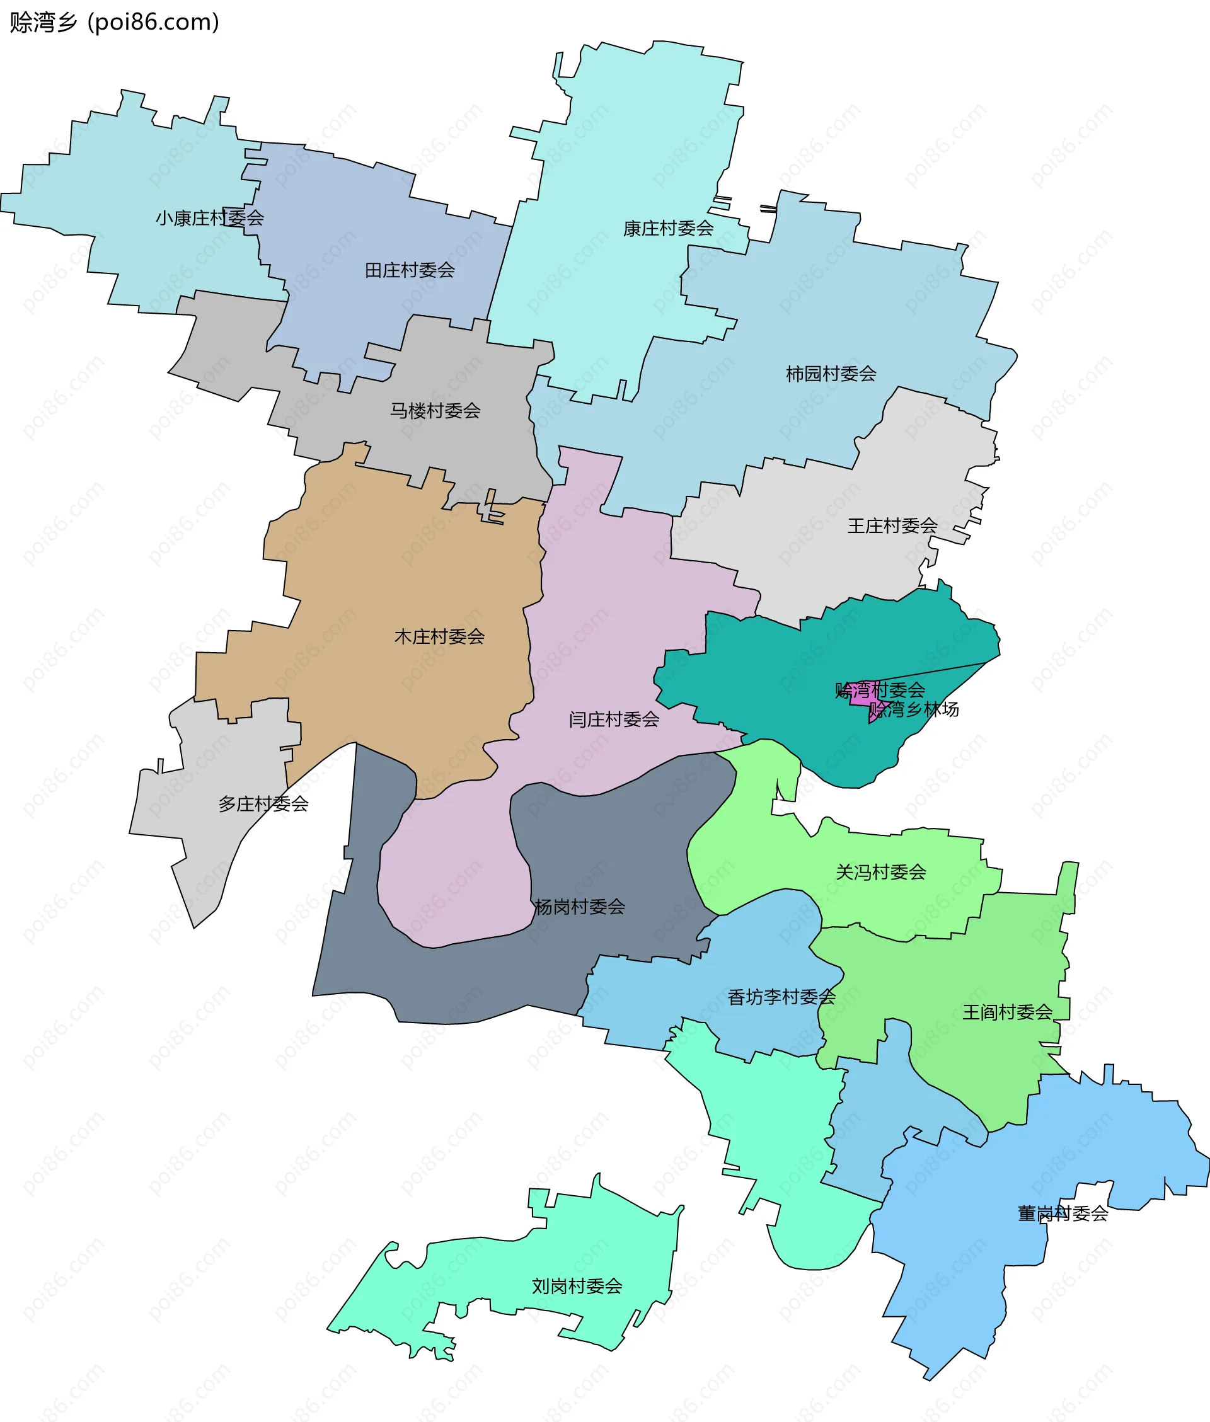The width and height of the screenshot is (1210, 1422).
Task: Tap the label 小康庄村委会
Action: (x=209, y=218)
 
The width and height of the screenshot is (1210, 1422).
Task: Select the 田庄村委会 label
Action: (x=410, y=270)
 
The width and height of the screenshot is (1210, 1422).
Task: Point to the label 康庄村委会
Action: (x=668, y=228)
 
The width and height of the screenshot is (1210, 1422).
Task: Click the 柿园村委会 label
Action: (x=831, y=374)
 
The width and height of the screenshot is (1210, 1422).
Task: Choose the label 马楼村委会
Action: (x=435, y=411)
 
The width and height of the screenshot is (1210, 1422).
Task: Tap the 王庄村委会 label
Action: (x=892, y=526)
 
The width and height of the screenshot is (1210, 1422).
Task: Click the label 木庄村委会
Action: (x=439, y=637)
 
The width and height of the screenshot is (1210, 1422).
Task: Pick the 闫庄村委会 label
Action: (x=613, y=720)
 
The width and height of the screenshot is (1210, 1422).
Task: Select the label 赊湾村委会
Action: (x=879, y=690)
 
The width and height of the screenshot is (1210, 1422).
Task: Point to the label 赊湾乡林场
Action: (x=914, y=709)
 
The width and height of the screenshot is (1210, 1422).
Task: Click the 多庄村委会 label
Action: (x=263, y=803)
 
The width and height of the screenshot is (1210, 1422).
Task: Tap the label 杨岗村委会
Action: (x=580, y=907)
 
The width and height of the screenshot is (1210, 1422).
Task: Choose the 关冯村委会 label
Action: (x=881, y=872)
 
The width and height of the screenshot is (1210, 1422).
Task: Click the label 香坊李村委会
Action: (x=781, y=997)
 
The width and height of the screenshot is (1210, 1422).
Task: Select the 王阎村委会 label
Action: (x=1007, y=1012)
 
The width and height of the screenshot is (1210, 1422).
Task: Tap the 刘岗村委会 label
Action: (x=577, y=1287)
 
